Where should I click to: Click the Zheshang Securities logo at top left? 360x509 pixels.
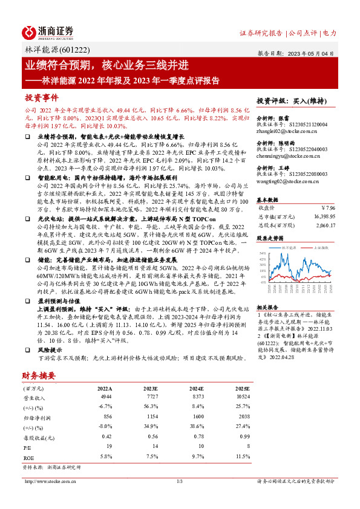(48, 31)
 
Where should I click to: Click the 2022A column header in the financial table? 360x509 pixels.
(104, 389)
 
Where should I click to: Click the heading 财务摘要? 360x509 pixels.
(40, 376)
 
